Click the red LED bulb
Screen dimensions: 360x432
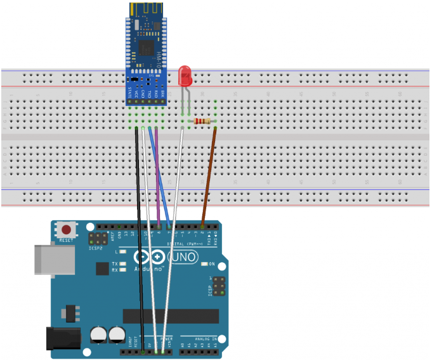(185, 76)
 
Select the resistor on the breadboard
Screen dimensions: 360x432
(203, 121)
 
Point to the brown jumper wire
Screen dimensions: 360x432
(208, 178)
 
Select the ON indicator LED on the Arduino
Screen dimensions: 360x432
(205, 264)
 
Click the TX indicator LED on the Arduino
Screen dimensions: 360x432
(122, 263)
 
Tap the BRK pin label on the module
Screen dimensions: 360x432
(163, 95)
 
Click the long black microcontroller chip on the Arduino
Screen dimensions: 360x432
(171, 316)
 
